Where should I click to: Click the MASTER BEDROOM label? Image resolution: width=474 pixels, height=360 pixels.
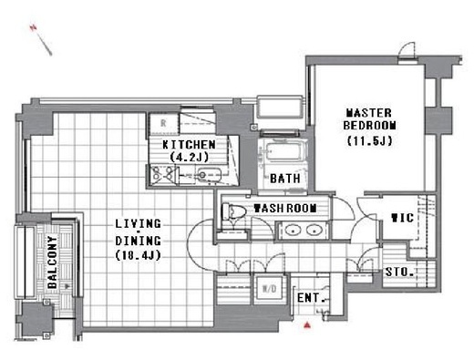[x=369, y=119]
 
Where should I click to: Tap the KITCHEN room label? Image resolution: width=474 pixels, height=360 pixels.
[x=189, y=145]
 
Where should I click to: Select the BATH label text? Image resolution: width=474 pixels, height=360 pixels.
[x=285, y=179]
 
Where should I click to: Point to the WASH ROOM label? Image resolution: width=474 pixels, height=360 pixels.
[x=285, y=209]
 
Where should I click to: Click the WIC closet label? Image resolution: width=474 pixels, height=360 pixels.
[x=402, y=218]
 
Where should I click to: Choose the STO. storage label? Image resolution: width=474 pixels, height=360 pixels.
[x=399, y=272]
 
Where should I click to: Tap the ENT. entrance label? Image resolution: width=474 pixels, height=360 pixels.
[x=310, y=298]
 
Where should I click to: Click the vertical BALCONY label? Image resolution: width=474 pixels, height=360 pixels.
[x=52, y=262]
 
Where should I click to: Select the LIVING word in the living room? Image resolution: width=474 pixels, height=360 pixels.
[x=138, y=224]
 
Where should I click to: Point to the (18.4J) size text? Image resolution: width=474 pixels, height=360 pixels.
[x=138, y=255]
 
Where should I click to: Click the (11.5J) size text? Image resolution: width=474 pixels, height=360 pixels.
[x=369, y=140]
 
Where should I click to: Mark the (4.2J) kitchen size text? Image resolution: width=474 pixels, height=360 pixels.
[x=189, y=157]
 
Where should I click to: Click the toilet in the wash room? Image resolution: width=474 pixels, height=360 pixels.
[x=233, y=211]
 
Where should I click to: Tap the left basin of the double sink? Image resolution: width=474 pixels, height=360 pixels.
[x=294, y=231]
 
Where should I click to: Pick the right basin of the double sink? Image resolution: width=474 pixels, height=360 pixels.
[x=314, y=231]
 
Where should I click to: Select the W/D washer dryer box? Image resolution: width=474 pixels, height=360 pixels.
[x=270, y=289]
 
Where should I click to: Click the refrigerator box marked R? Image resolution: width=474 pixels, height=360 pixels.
[x=163, y=124]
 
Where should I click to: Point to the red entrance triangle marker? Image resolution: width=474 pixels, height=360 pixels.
[x=307, y=325]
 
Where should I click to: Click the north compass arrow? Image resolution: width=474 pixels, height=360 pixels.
[x=41, y=40]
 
